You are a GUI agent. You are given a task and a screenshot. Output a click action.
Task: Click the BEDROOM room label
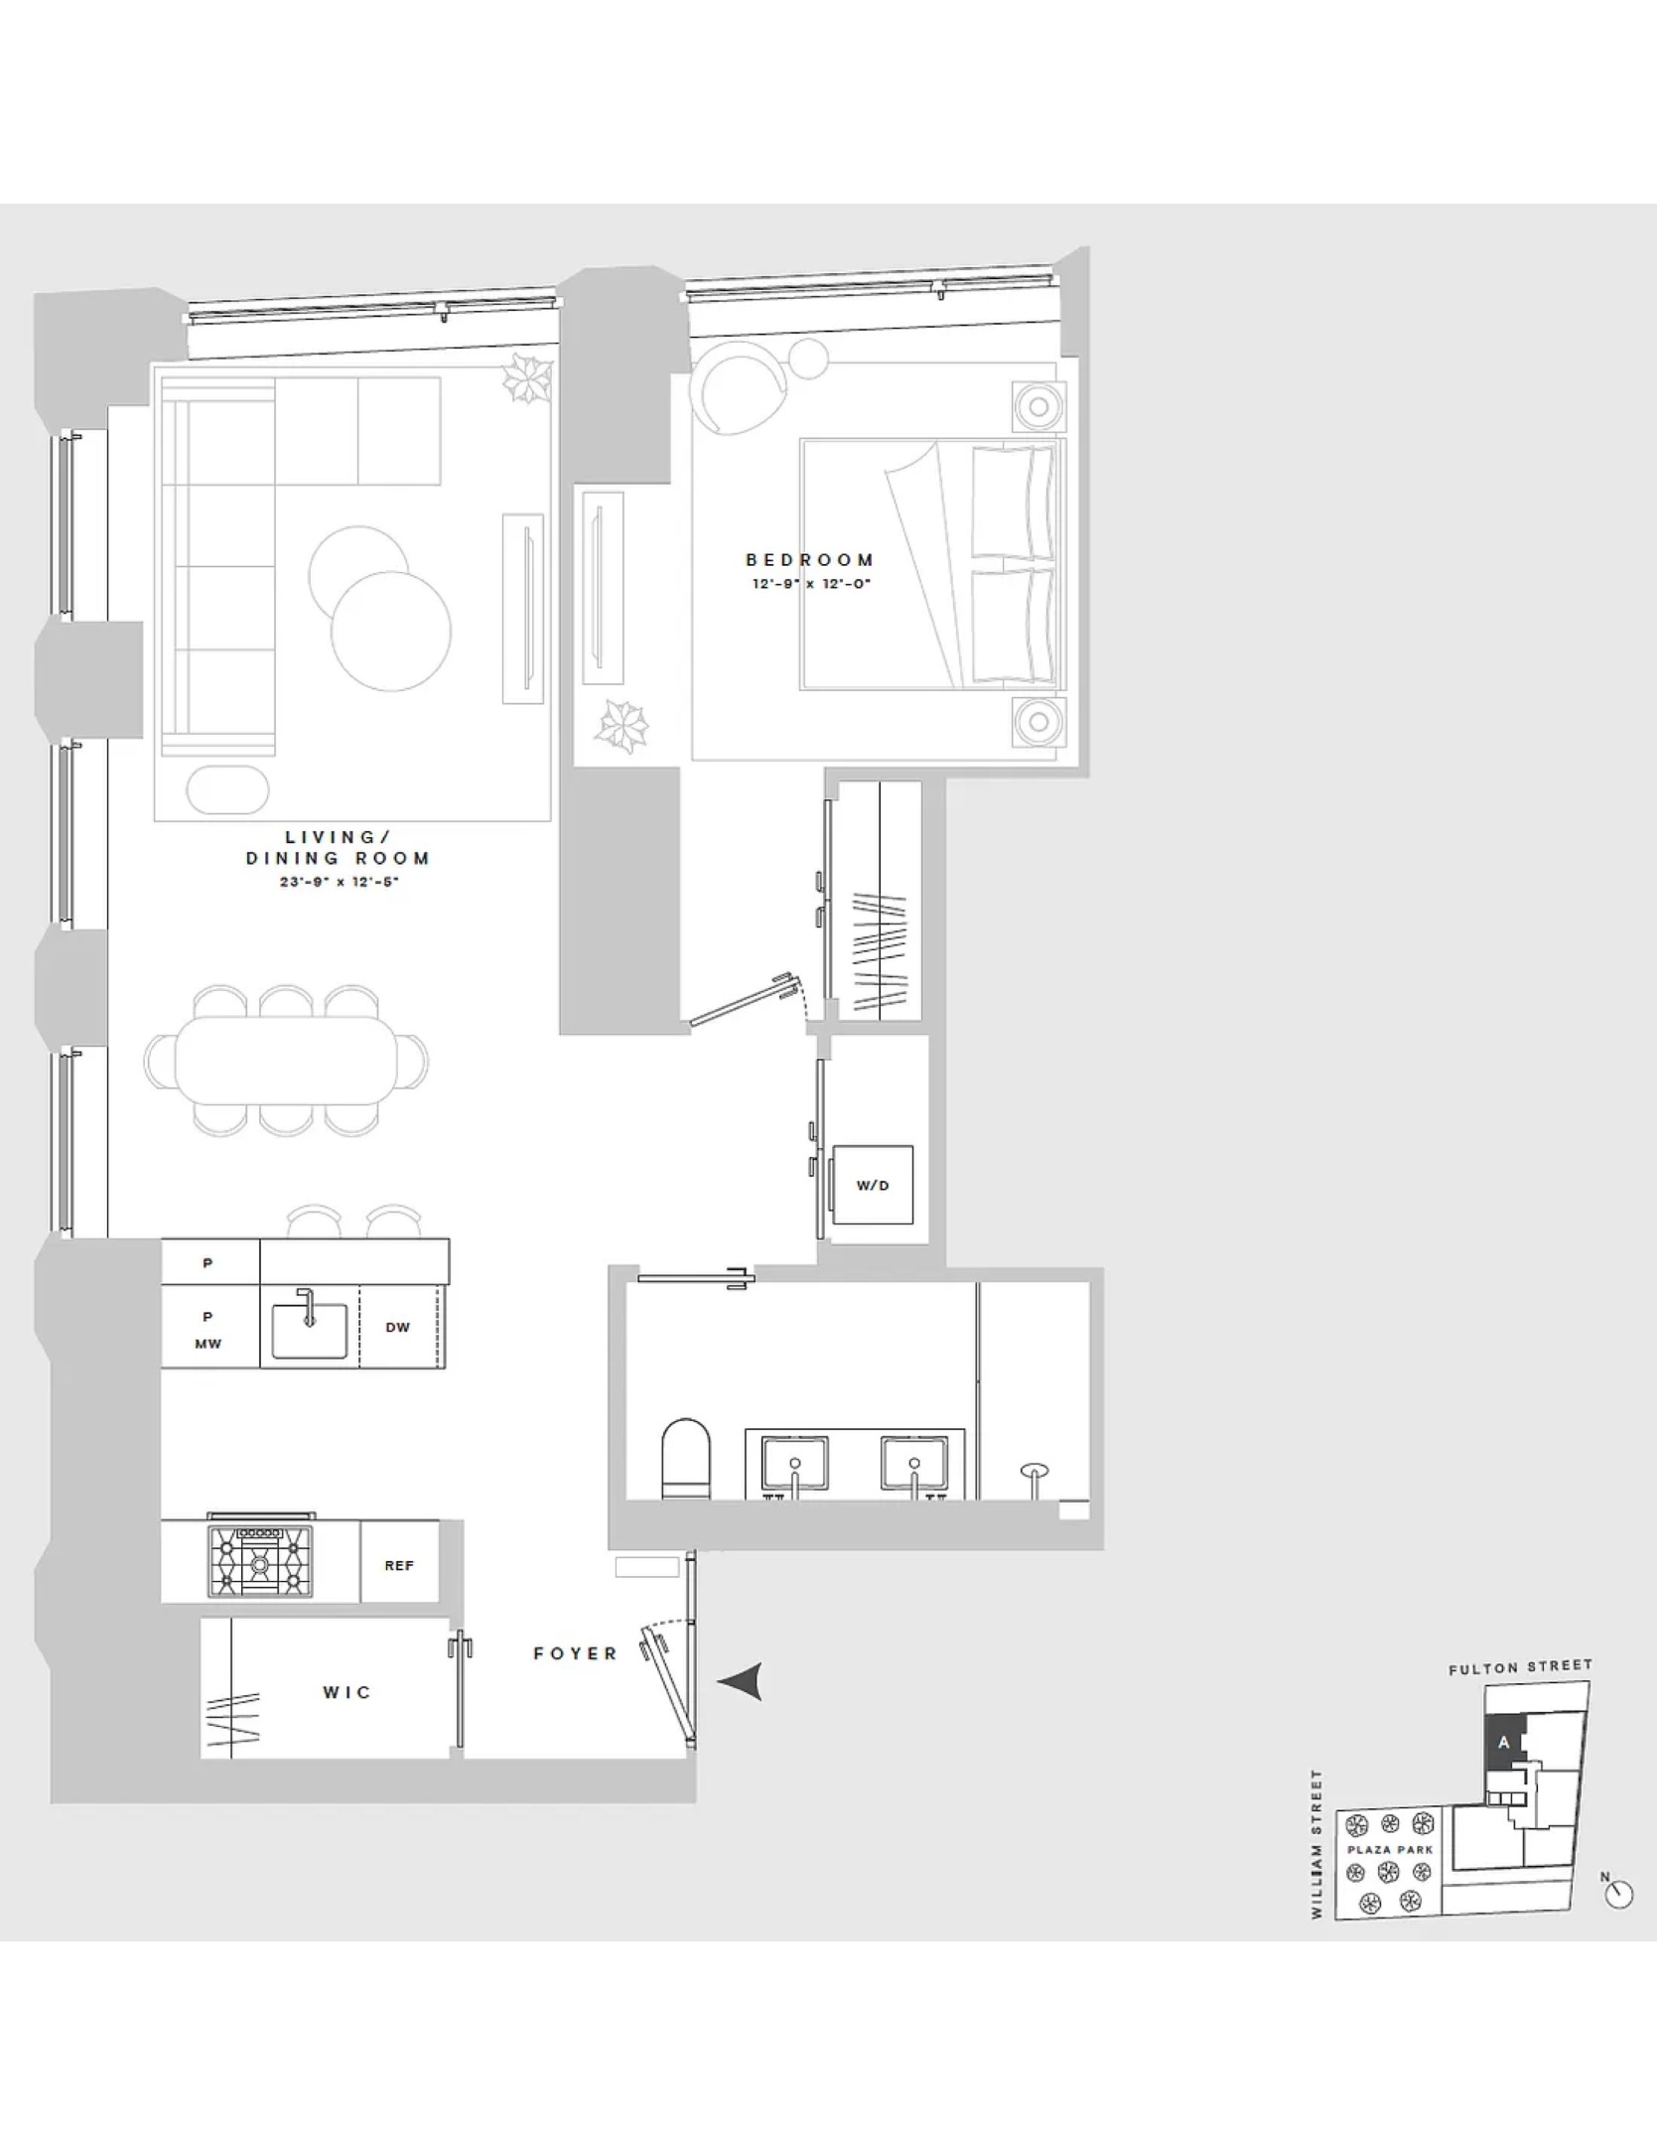coord(809,560)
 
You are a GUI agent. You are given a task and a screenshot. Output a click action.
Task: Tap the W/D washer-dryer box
coord(873,1185)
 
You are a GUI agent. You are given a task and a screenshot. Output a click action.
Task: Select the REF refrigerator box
coord(399,1566)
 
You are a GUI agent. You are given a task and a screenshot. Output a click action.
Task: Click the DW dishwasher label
coord(397,1328)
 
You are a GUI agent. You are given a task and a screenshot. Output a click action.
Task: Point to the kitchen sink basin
coord(309,1331)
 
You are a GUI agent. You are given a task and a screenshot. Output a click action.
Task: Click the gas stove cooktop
coord(259,1562)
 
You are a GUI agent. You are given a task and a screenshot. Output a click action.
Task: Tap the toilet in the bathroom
coord(686,1459)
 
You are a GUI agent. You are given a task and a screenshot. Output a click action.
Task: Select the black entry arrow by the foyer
coord(741,1681)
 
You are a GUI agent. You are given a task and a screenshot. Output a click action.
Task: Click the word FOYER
coord(575,1653)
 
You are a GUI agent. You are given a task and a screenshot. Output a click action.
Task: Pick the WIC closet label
coord(346,1692)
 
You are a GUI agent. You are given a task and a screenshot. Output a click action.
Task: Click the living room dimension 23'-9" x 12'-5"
coord(339,882)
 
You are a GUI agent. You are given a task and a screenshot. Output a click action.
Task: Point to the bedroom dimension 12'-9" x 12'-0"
coord(810,584)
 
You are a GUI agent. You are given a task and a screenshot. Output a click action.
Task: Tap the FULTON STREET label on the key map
coord(1519,1667)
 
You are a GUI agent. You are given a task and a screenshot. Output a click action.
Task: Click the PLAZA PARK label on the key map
coord(1390,1850)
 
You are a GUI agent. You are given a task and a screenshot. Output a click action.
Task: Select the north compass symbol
coord(1618,1894)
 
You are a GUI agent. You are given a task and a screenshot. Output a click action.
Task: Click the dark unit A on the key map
coord(1503,1743)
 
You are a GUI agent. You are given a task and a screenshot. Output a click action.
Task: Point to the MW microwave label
coord(207,1344)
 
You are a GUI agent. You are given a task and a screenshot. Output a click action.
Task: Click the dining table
coord(286,1061)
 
